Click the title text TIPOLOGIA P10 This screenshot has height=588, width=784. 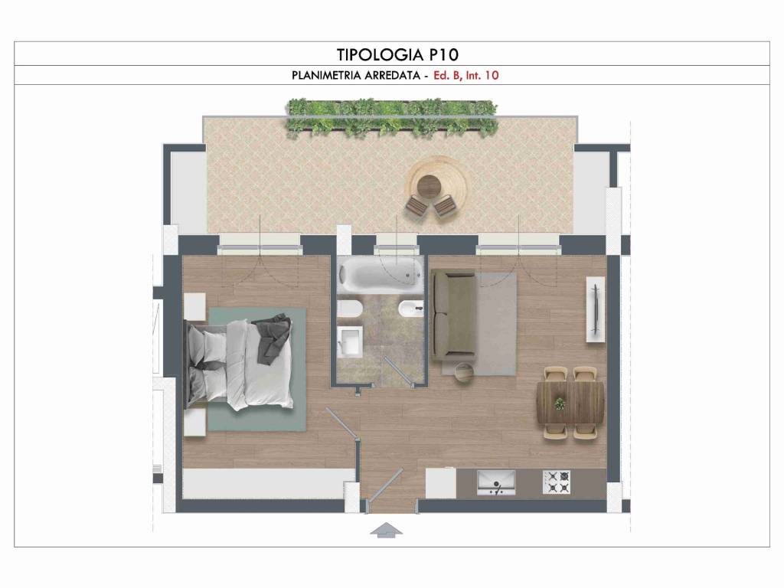[397, 54]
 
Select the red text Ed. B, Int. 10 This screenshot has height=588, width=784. [466, 76]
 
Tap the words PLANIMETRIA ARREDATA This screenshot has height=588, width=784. [355, 76]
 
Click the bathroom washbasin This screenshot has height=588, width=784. [349, 341]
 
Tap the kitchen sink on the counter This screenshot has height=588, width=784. [495, 482]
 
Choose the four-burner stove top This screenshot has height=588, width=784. [557, 482]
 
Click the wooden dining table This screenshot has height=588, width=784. [570, 403]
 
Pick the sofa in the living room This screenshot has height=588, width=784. [453, 315]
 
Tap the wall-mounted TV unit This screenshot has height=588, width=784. [595, 309]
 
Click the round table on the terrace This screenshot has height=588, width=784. [429, 185]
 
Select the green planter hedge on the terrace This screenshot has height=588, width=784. [391, 118]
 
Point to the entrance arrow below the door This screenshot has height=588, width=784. [386, 530]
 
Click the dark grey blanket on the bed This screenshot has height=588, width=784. [273, 337]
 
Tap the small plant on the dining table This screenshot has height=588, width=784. [560, 403]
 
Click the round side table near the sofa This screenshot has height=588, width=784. [465, 373]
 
